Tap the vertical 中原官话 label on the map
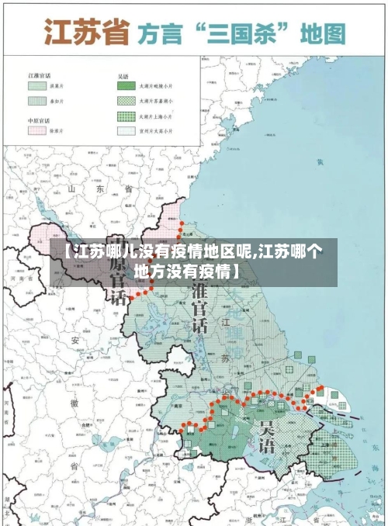(x=116, y=268)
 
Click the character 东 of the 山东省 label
(x=99, y=189)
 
